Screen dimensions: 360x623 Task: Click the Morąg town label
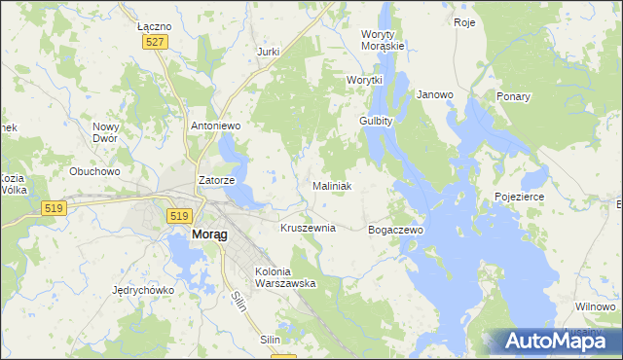204,235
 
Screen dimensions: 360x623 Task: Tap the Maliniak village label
332,186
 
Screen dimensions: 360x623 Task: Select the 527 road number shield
156,42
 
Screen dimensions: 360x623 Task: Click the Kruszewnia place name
308,228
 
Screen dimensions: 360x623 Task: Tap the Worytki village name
365,80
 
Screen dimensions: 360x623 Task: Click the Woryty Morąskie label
383,40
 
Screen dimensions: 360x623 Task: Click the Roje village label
464,22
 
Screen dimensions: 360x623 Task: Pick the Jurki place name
268,52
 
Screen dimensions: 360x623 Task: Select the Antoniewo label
215,126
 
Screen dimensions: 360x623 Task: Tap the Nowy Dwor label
105,132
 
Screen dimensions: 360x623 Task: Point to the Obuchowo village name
94,171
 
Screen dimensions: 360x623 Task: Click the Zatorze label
215,180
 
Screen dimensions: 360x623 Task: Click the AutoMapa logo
551,341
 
